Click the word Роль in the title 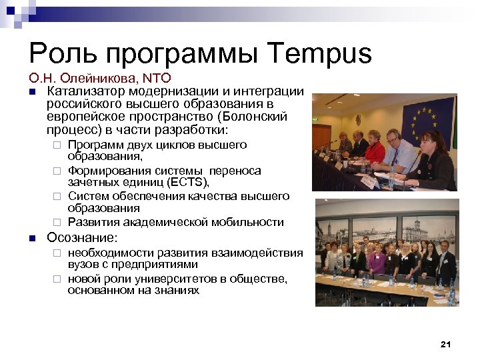62,54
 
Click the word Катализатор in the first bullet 84,91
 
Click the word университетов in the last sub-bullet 170,279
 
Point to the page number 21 446,344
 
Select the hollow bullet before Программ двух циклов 57,145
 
